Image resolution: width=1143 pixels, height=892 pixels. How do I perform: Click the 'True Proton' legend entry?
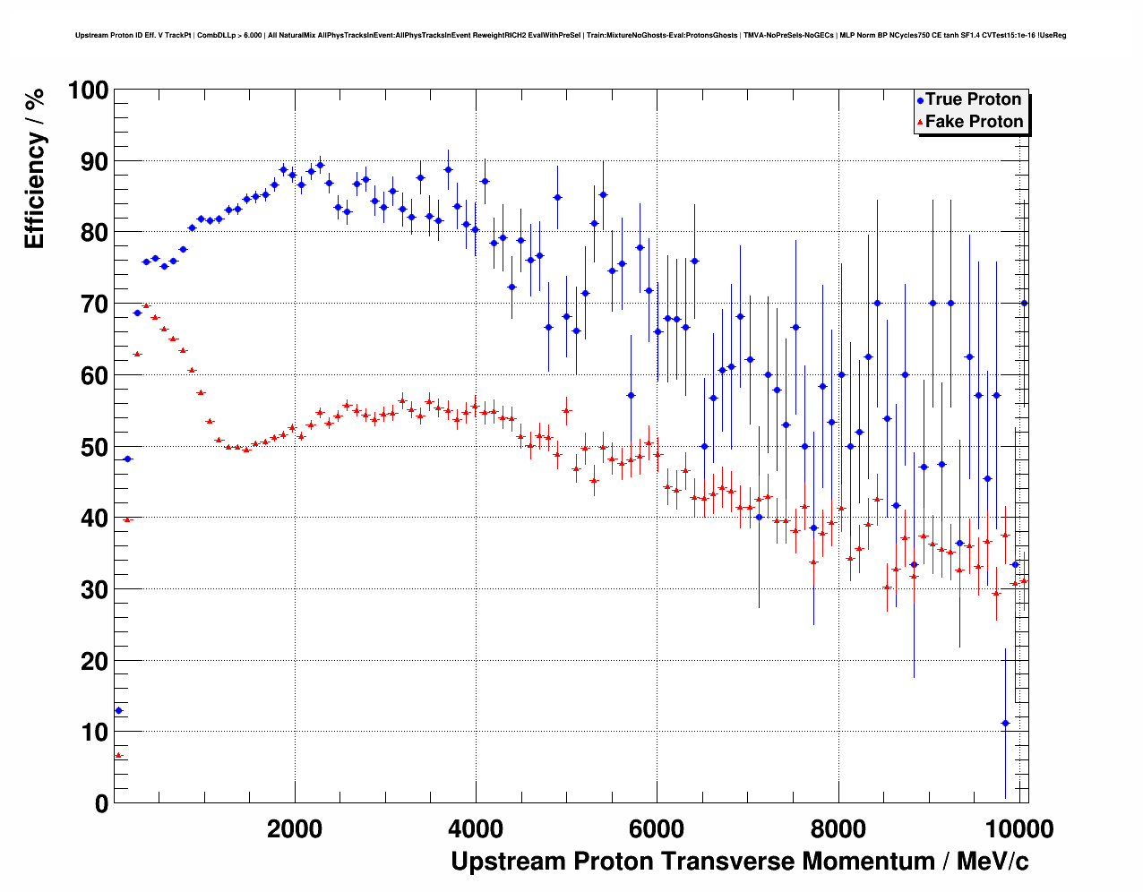[x=973, y=99]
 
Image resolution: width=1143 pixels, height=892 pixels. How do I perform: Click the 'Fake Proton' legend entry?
[x=974, y=122]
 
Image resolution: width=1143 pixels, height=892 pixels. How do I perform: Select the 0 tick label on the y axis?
[x=100, y=803]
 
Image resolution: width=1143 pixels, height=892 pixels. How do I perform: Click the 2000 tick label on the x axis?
[x=295, y=828]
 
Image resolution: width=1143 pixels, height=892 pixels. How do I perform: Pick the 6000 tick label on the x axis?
[x=657, y=828]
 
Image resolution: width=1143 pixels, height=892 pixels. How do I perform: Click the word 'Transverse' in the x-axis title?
[x=726, y=862]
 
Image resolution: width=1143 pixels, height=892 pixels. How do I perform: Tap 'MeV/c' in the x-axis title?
[x=993, y=862]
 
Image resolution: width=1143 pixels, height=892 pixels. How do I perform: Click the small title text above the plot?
[x=571, y=36]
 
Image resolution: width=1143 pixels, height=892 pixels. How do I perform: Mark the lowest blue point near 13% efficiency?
[x=118, y=710]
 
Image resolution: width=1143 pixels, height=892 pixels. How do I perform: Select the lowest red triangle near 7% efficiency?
[x=118, y=755]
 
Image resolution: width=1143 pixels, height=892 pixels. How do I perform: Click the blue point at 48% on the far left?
[x=127, y=459]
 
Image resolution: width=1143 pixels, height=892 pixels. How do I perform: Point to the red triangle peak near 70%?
[x=146, y=305]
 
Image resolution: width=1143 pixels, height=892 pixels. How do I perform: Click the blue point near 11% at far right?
[x=1005, y=723]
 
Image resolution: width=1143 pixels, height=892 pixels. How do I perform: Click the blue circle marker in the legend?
[x=920, y=100]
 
